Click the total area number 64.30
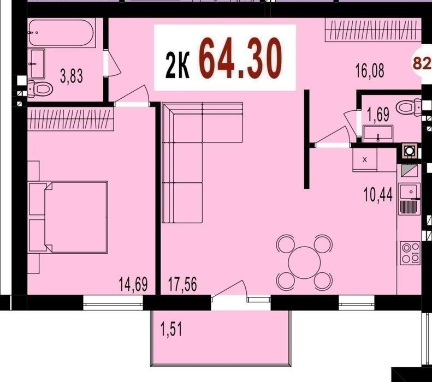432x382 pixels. click(x=240, y=58)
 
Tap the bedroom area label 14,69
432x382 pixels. click(x=133, y=284)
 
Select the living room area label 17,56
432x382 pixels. click(x=182, y=284)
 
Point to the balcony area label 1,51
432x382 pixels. click(x=171, y=330)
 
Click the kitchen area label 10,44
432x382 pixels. click(x=378, y=195)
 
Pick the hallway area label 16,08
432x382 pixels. click(x=370, y=70)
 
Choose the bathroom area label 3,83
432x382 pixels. click(x=72, y=76)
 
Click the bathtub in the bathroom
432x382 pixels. click(x=60, y=33)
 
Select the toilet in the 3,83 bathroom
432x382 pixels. click(x=40, y=88)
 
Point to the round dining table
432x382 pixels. click(x=304, y=262)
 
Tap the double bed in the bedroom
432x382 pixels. click(x=68, y=217)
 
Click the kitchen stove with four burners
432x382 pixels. click(x=410, y=253)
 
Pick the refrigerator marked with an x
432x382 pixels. click(x=365, y=160)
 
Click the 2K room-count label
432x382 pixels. click(x=177, y=67)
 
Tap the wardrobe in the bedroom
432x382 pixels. click(x=70, y=118)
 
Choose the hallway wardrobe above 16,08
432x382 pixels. click(x=374, y=30)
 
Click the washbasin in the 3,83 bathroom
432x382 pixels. click(x=37, y=63)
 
